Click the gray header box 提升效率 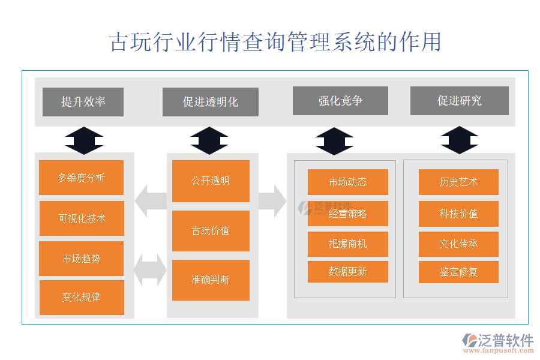(x=83, y=102)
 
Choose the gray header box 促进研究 (x=460, y=101)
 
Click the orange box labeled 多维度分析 (x=81, y=178)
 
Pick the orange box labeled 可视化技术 (x=82, y=218)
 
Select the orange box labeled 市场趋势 (x=81, y=259)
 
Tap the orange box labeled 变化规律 (x=82, y=297)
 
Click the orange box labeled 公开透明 (x=211, y=181)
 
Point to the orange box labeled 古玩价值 (x=211, y=231)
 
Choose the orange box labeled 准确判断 (x=211, y=280)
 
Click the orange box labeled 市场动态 (x=348, y=182)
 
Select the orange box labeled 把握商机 (x=348, y=244)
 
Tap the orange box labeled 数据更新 (x=348, y=272)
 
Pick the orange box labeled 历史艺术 (x=458, y=182)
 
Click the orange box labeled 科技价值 (x=458, y=214)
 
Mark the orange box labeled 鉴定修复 (x=458, y=272)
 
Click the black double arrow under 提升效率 (x=84, y=141)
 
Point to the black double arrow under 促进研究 (x=460, y=140)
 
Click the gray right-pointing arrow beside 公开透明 (x=272, y=200)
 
